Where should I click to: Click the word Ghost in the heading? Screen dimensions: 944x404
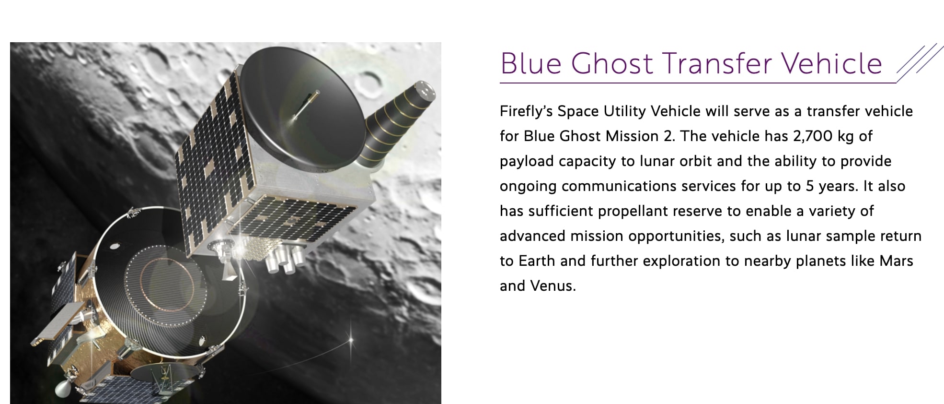click(612, 63)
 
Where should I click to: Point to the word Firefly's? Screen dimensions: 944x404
click(526, 111)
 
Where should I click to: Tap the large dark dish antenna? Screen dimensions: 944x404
click(303, 109)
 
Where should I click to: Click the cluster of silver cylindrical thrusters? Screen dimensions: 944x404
click(285, 258)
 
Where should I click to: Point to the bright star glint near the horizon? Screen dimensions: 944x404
click(350, 340)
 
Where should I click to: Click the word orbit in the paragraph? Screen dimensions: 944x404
click(694, 161)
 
